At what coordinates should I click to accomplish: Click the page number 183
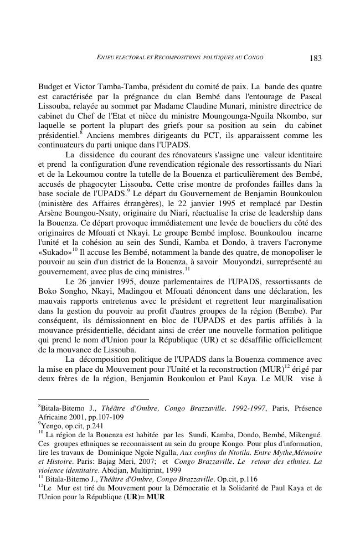click(x=315, y=58)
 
